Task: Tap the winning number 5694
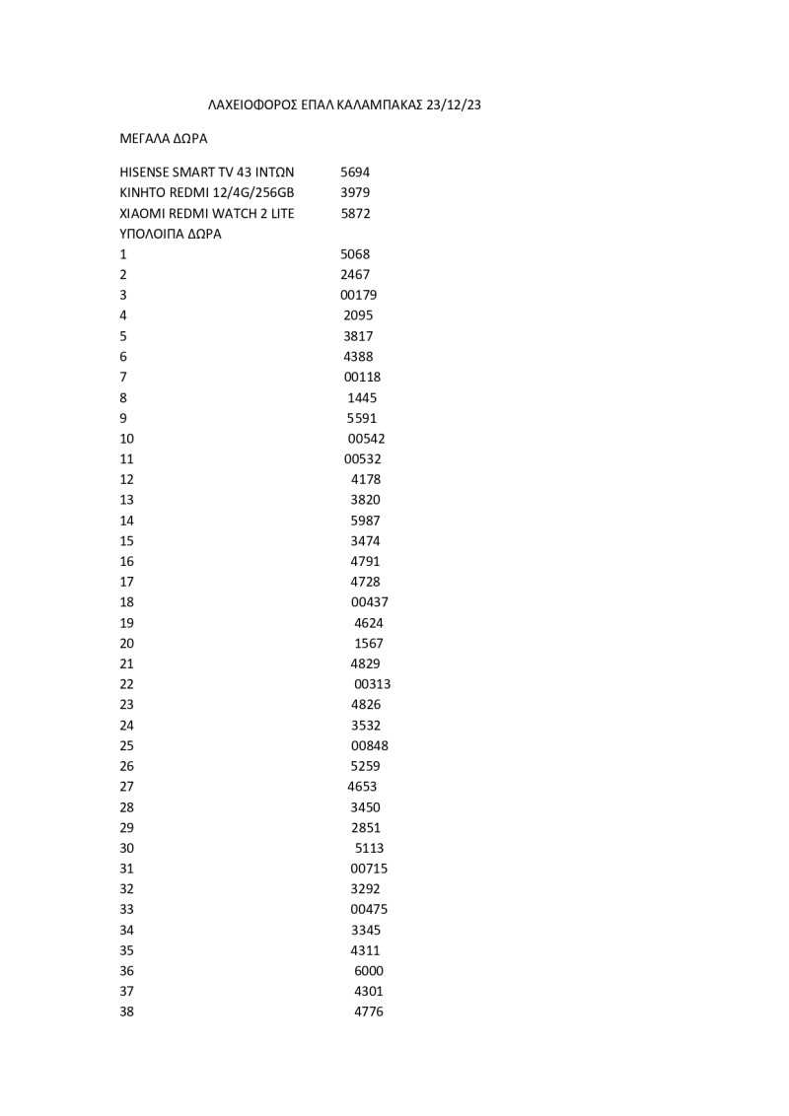(355, 172)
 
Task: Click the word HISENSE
(145, 172)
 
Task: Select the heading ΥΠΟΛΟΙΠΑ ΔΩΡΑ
(171, 234)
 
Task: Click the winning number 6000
(369, 971)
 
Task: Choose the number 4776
(369, 1011)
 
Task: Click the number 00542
(367, 439)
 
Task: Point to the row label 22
(126, 684)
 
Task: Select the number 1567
(369, 644)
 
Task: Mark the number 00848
(370, 745)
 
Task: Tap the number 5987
(365, 521)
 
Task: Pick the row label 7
(123, 377)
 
